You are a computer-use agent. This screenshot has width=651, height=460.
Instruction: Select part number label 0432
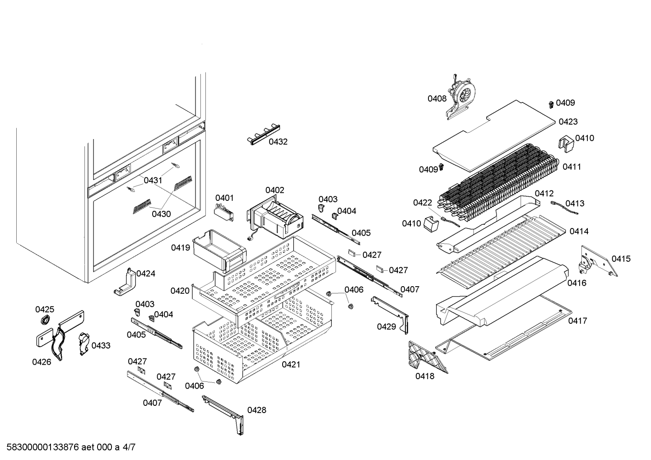[x=278, y=142]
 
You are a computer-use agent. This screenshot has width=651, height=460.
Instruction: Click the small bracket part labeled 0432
[x=262, y=134]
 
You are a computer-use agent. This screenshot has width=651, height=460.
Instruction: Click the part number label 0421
[x=291, y=365]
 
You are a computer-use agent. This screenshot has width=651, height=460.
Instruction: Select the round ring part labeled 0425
[x=45, y=321]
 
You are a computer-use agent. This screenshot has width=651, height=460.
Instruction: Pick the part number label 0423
[x=568, y=122]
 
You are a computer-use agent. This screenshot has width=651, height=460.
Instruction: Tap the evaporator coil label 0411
[x=572, y=167]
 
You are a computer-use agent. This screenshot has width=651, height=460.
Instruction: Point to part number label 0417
[x=577, y=321]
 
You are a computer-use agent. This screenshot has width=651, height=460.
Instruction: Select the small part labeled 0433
[x=84, y=344]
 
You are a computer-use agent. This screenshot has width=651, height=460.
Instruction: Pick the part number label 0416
[x=577, y=283]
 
